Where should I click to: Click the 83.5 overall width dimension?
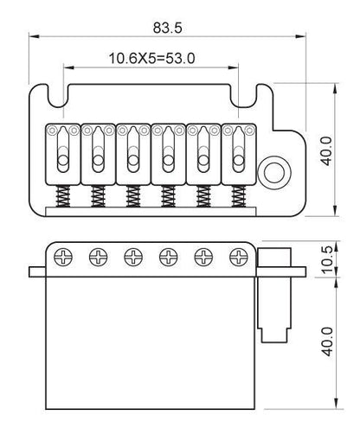pos(167,28)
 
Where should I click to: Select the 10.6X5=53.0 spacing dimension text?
pos(151,59)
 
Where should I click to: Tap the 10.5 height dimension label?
pos(327,259)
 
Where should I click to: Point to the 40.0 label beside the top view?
pos(326,151)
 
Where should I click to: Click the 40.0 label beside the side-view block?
pos(327,341)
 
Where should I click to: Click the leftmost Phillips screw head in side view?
pos(63,257)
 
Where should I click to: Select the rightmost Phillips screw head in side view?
pos(239,257)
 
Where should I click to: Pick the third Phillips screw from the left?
pos(133,257)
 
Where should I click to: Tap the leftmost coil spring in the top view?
pos(63,196)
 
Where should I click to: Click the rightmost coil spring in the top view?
pos(239,196)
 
